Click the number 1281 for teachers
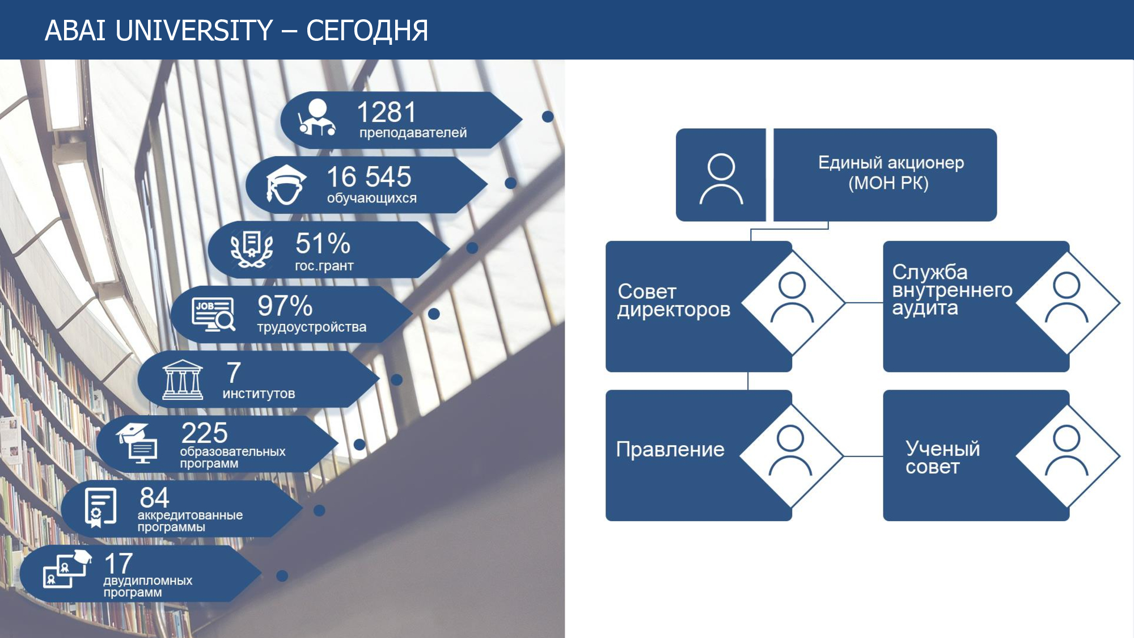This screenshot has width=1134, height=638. click(387, 112)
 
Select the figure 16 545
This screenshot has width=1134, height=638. click(369, 177)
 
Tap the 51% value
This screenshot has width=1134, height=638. click(323, 243)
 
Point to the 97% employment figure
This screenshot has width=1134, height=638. click(285, 306)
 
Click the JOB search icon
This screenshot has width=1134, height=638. click(213, 314)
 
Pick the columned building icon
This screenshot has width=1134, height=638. click(182, 380)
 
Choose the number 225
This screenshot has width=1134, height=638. click(204, 433)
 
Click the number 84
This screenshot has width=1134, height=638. click(154, 498)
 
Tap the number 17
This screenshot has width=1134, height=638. click(119, 564)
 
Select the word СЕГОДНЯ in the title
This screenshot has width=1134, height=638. click(367, 31)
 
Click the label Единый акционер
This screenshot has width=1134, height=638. click(891, 163)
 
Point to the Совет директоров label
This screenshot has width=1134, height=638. click(674, 301)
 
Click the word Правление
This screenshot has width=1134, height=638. click(670, 449)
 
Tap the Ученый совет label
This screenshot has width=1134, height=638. click(942, 457)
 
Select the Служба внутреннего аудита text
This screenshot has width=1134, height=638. click(952, 290)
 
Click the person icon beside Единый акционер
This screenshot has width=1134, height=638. click(721, 179)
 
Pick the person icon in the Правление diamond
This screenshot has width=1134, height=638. click(790, 450)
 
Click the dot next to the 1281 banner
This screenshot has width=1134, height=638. click(548, 116)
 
